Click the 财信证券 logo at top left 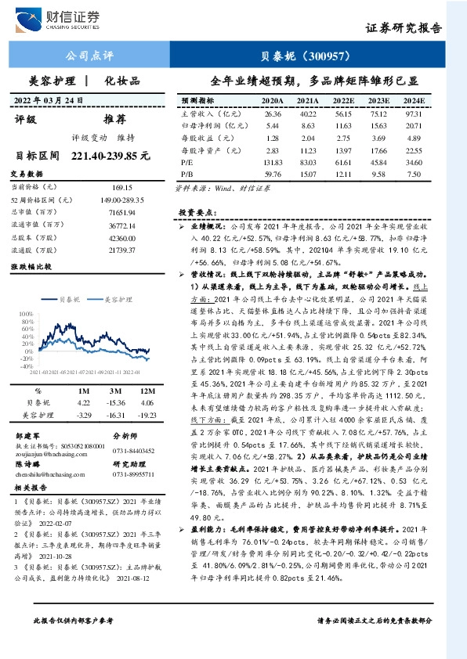click(66, 17)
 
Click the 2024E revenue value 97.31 click(413, 113)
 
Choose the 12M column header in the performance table click(147, 391)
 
